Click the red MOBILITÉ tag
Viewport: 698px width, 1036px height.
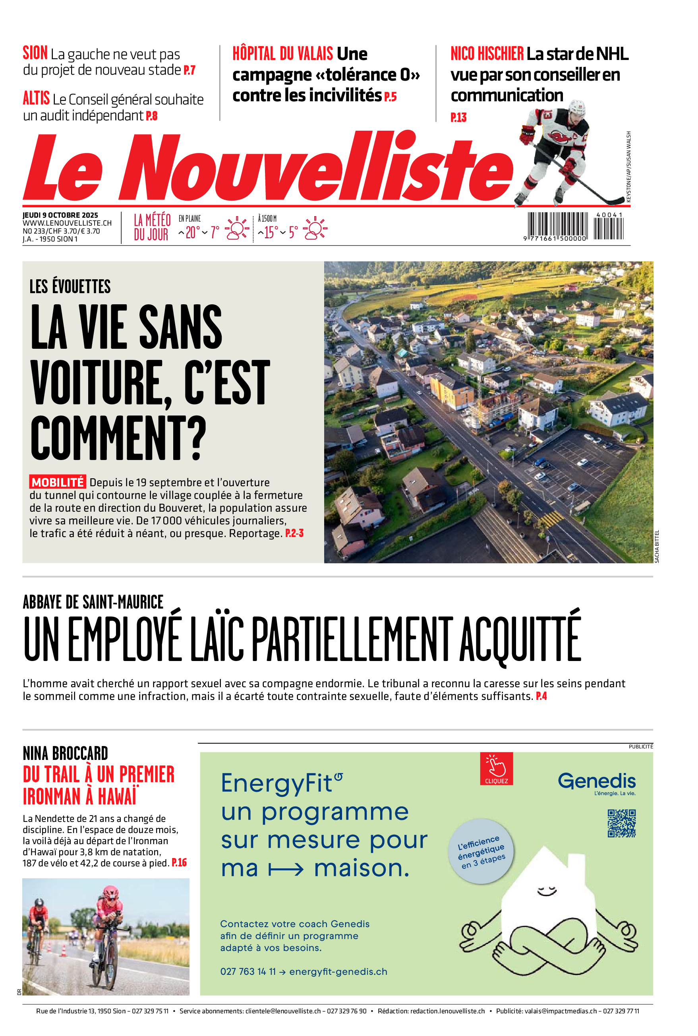pos(58,482)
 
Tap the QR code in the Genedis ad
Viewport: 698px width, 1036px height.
pos(621,823)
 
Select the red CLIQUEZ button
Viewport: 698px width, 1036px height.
pos(496,769)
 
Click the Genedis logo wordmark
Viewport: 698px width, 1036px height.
pos(597,781)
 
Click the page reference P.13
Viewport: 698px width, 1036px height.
pos(458,118)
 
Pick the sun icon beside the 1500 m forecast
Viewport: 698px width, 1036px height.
pos(315,229)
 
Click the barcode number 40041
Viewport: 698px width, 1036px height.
pos(609,215)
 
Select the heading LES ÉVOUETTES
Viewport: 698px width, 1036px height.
pos(70,286)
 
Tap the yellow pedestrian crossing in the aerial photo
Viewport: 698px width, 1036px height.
pos(551,518)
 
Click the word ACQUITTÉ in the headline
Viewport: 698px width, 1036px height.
pos(520,640)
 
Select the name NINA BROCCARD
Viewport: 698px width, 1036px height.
pos(66,754)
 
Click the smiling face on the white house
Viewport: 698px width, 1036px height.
pos(547,891)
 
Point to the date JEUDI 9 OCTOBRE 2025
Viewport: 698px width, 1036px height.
pos(60,215)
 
